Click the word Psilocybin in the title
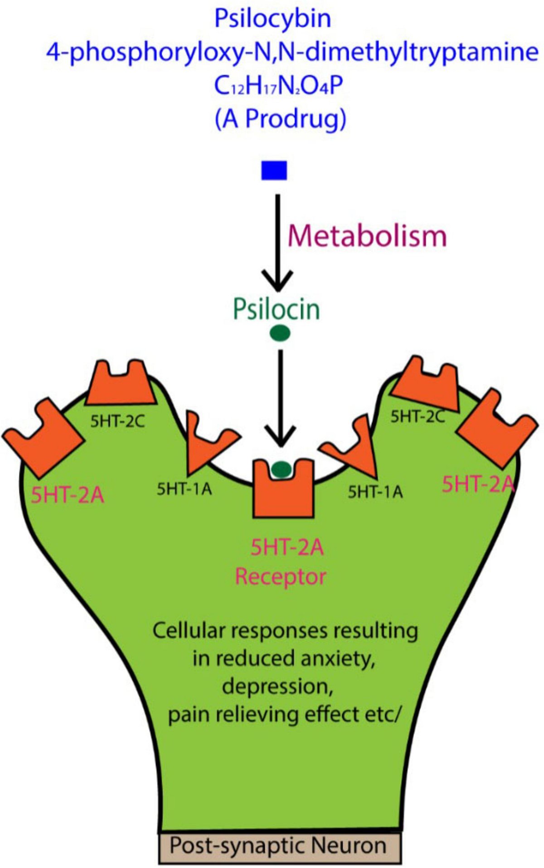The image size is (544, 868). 272,19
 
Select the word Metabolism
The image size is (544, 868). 367,236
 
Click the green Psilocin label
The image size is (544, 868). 276,309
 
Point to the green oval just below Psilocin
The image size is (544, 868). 280,334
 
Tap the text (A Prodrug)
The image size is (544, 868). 280,119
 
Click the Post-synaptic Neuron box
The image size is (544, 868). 280,846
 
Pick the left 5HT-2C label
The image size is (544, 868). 117,422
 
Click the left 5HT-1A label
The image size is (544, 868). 184,489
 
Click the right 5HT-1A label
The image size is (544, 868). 375,492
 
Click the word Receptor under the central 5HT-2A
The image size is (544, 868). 281,577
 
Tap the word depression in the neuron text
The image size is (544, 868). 277,686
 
